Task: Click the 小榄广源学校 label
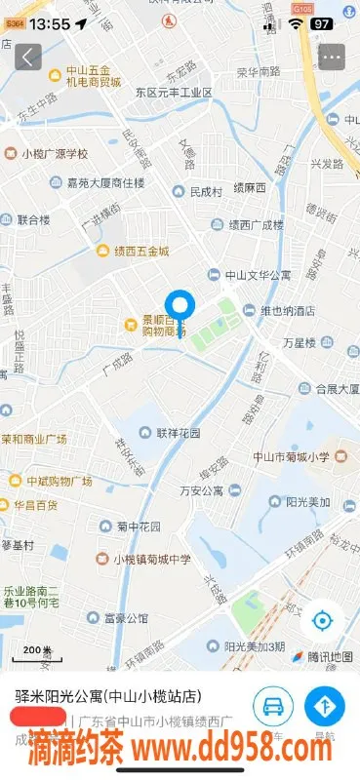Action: [54, 153]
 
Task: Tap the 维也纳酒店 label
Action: [285, 310]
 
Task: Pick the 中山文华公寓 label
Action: [256, 276]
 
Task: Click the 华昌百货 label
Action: [34, 505]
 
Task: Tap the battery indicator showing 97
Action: [322, 22]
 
